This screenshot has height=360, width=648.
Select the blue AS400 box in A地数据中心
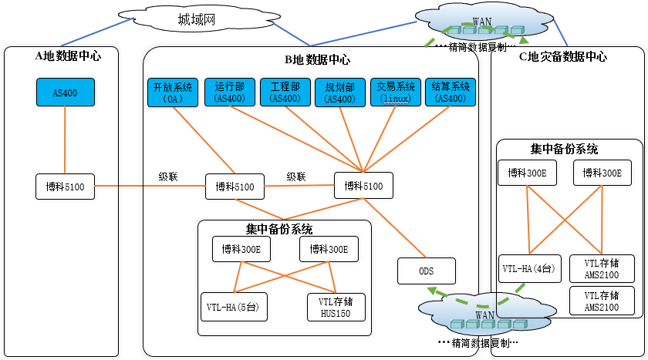point(65,93)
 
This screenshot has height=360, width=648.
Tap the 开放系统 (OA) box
point(173,93)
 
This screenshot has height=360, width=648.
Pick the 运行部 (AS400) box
point(230,93)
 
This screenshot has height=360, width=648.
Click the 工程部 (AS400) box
point(285,93)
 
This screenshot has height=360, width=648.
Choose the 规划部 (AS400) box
point(339,93)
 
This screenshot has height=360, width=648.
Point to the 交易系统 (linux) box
point(396,93)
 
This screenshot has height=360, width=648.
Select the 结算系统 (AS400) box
point(451,93)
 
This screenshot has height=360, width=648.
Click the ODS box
point(427,271)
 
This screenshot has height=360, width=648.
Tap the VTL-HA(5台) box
point(231,306)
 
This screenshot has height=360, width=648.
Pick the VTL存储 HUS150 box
point(336,306)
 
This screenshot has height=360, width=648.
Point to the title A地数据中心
point(68,56)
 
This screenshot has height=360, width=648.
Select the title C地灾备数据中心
point(562,57)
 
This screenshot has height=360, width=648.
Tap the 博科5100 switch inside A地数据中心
point(65,187)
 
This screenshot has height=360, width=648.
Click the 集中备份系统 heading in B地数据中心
point(279,229)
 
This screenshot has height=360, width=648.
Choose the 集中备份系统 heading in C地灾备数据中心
point(565,149)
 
